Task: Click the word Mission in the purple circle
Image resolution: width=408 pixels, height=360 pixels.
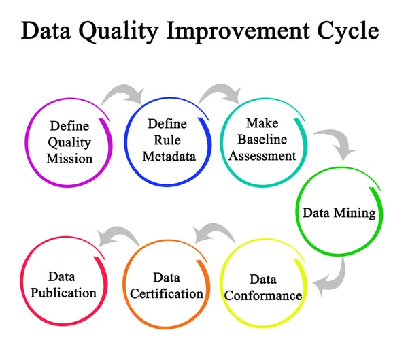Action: (69, 159)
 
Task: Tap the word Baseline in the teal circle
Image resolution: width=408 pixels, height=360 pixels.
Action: (262, 140)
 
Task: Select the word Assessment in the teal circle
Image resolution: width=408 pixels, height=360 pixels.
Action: (262, 155)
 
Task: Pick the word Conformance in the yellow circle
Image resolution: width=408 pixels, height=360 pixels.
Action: (262, 295)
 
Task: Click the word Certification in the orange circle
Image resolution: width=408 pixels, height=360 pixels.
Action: (167, 293)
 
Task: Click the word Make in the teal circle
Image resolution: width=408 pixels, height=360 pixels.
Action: (262, 124)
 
